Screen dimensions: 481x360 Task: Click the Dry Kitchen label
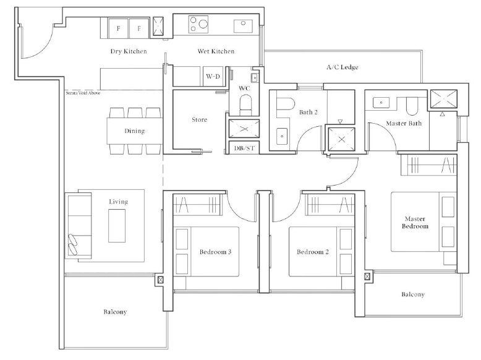pos(129,51)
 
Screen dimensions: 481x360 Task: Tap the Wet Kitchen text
pos(216,51)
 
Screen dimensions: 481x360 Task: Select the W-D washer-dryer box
pos(213,77)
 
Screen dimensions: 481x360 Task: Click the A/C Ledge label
pos(343,67)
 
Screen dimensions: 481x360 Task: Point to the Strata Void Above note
pos(83,93)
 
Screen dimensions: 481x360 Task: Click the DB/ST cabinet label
pos(244,148)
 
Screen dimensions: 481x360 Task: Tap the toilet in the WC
pos(245,105)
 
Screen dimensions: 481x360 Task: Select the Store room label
pos(200,120)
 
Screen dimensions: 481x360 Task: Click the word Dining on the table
pos(134,131)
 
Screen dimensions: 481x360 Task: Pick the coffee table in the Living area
pos(117,226)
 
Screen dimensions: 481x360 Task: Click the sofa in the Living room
pos(79,226)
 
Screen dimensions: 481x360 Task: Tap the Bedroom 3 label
pos(215,252)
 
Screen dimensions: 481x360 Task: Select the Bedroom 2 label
pos(313,252)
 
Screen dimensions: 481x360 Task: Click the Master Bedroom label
pos(415,223)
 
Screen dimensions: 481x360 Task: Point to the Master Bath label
pos(404,123)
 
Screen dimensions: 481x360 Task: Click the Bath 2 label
pos(309,113)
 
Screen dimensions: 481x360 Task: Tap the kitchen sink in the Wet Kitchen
pos(243,26)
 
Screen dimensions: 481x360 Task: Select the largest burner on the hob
pos(203,24)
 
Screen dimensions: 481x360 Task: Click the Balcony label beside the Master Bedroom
pos(413,294)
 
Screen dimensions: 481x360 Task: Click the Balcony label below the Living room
pos(115,312)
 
